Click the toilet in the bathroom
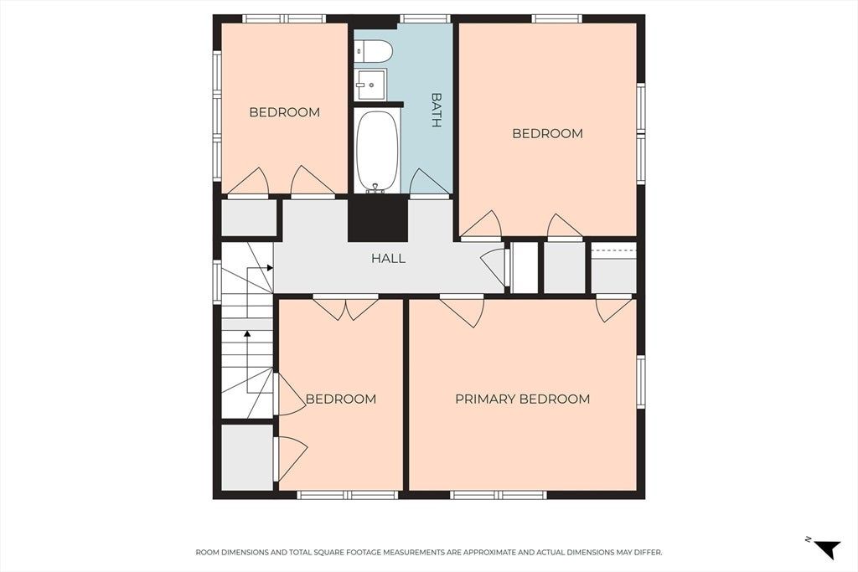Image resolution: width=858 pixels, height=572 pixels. [x=373, y=52]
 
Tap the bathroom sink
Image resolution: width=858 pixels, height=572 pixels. [x=370, y=85]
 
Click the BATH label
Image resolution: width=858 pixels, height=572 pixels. [x=436, y=110]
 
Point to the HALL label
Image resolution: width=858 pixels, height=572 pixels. [x=389, y=258]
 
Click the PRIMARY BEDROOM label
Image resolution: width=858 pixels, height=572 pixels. [x=523, y=399]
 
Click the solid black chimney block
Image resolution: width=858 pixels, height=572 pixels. [x=378, y=219]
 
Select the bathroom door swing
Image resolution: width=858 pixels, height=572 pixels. [x=430, y=182]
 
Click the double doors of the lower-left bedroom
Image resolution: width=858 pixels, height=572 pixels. [x=345, y=308]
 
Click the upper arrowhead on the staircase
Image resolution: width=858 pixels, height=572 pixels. [x=270, y=267]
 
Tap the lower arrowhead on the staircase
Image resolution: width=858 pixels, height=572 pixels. [x=247, y=333]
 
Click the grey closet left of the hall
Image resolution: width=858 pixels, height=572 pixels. [x=249, y=218]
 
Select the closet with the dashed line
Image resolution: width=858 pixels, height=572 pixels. [x=614, y=267]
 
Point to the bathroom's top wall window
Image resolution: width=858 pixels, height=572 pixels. [x=425, y=18]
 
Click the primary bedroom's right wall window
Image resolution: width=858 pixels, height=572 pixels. [x=641, y=381]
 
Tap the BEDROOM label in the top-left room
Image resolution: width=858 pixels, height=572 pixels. [x=285, y=112]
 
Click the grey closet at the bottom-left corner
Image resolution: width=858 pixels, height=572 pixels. [x=247, y=457]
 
